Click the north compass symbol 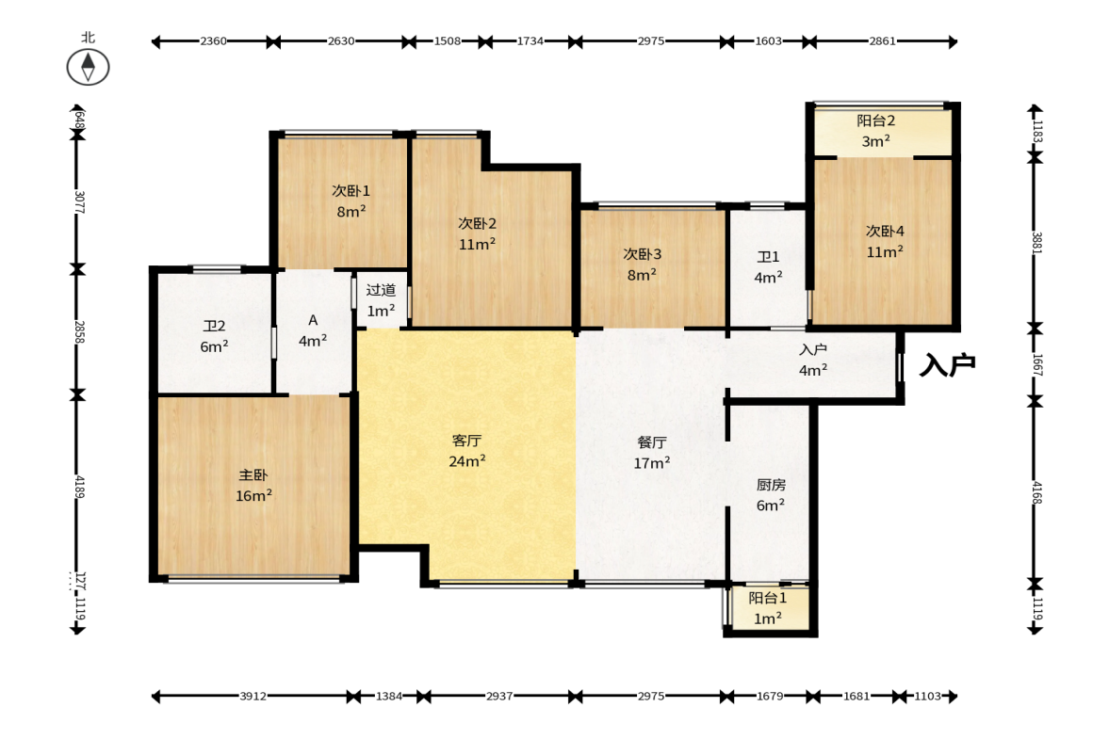coord(88,67)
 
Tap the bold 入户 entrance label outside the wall coord(947,365)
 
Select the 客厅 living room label coord(466,441)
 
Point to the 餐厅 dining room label coord(651,442)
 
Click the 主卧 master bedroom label coord(253,475)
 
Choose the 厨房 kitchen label coord(771,485)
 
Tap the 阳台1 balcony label coord(767,599)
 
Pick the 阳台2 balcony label coord(875,120)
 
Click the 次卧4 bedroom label coord(885,231)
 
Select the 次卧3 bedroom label coord(643,253)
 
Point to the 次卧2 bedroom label coord(478,223)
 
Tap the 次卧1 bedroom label coord(351,191)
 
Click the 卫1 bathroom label coord(768,257)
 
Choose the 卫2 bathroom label coord(214,326)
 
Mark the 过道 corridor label coord(381,290)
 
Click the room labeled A coord(313,321)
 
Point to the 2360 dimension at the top coord(213,41)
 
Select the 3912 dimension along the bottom coord(253,696)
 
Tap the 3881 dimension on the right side coord(1036,243)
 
